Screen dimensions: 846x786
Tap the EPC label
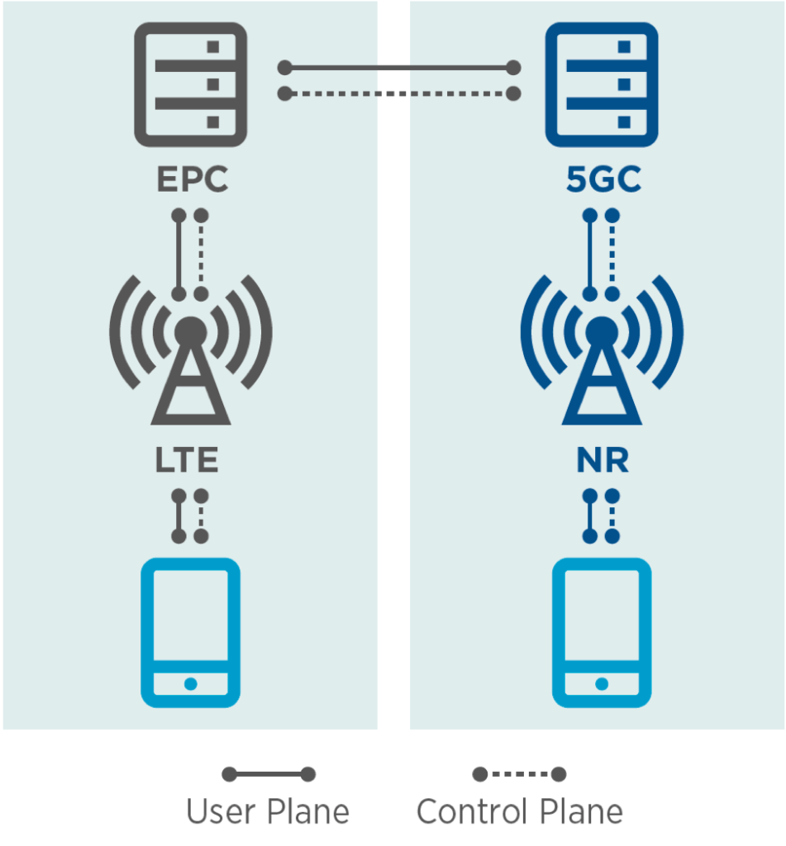pos(192,181)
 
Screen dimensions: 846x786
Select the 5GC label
pos(603,181)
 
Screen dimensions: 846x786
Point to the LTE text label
pos(187,461)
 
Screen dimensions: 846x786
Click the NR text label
pos(602,461)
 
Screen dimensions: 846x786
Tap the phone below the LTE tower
pos(190,633)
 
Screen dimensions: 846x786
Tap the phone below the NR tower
pos(601,633)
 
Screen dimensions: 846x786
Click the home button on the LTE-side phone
pos(190,683)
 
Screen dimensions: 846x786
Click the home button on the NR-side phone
pos(601,683)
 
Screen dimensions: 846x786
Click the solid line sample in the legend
pos(269,774)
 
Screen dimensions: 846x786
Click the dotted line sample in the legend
pos(518,774)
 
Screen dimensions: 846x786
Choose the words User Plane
pos(268,812)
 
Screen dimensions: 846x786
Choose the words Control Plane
pos(519,812)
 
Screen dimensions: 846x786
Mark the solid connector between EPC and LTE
pos(179,254)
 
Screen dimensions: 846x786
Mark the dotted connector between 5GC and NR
pos(612,254)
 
